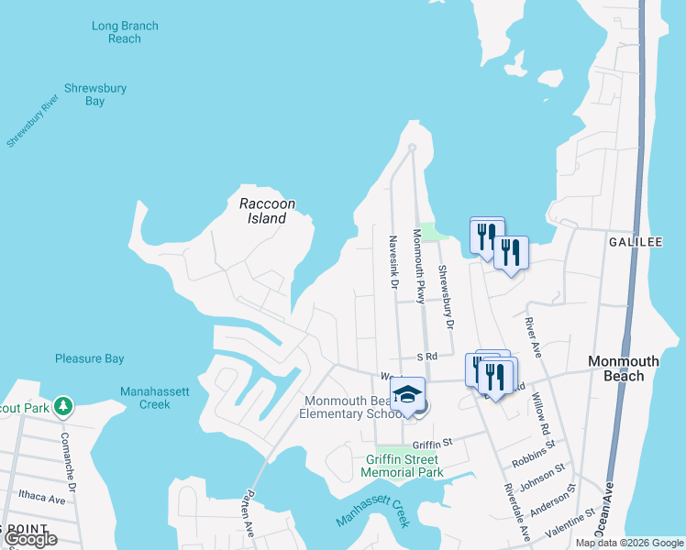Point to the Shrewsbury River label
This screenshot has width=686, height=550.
[x=32, y=120]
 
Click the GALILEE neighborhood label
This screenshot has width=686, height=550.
[x=636, y=241]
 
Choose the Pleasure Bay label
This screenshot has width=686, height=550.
[x=89, y=358]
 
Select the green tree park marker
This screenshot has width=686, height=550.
[x=62, y=404]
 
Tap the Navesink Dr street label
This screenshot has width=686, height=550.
[x=392, y=260]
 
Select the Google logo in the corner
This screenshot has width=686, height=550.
[x=30, y=539]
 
